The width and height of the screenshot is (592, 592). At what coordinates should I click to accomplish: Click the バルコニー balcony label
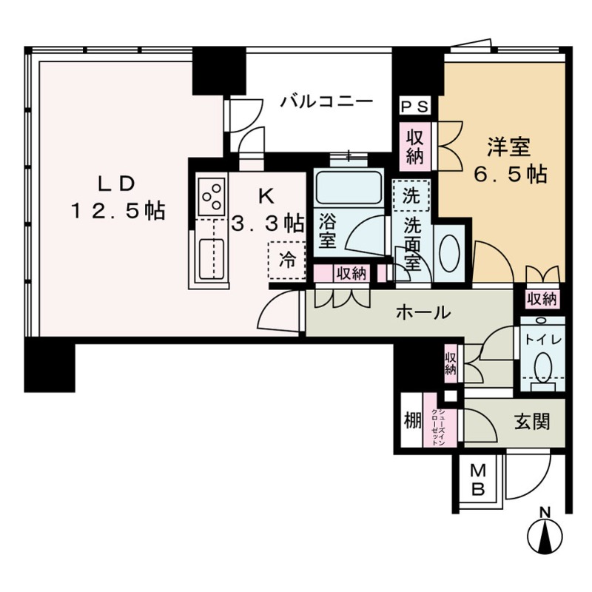coord(326,101)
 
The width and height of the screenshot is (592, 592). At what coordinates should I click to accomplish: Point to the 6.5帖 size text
coord(509,175)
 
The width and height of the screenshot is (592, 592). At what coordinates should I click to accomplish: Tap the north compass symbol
coord(545,535)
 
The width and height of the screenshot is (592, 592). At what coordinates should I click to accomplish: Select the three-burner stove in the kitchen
coord(210,195)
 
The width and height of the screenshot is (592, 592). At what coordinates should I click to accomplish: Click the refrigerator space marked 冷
coord(286,259)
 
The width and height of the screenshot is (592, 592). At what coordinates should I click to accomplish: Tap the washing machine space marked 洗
coord(411,196)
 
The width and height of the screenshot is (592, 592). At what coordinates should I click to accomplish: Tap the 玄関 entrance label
coord(531,422)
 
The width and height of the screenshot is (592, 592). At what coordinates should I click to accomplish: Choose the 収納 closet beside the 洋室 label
coord(414,146)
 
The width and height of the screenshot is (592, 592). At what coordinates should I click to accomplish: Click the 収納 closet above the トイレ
coord(542,299)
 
